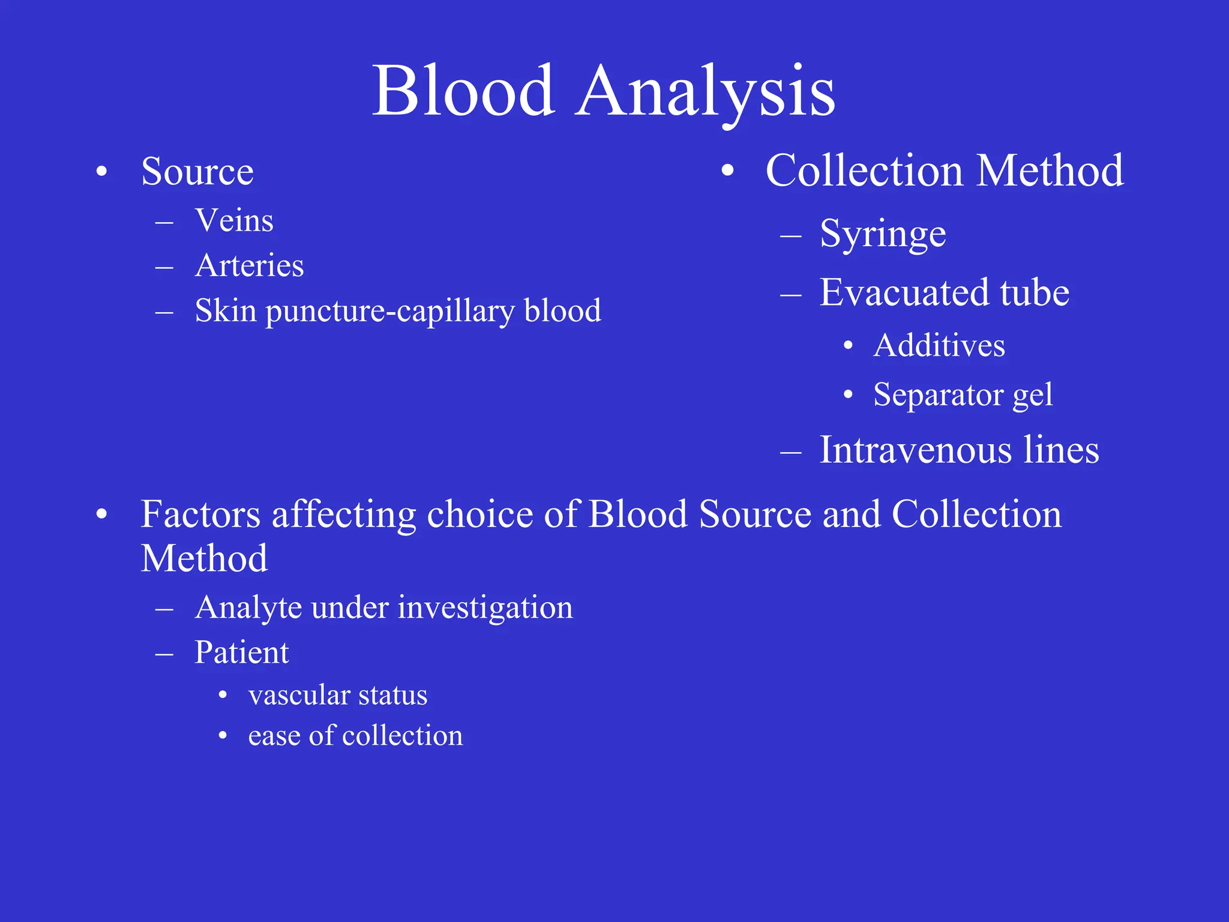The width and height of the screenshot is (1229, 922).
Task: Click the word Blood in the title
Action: pos(463,91)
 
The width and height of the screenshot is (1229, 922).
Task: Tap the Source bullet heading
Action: pos(197,172)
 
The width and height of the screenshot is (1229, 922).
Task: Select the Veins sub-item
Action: pos(234,220)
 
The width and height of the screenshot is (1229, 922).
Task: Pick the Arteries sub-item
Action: pos(249,265)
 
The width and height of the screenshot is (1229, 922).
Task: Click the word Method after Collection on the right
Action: pos(1050,170)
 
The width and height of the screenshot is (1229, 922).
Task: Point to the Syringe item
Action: pos(883,234)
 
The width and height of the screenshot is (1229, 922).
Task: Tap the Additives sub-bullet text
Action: pos(939,346)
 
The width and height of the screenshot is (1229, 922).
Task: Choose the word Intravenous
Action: pos(916,450)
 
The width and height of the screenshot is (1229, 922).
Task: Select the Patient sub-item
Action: pos(242,652)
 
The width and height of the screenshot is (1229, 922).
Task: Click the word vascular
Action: pos(299,696)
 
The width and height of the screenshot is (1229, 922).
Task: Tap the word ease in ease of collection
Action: pos(273,737)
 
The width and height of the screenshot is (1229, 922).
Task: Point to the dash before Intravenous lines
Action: pos(791,452)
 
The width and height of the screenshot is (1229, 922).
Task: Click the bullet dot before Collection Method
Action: pos(727,171)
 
